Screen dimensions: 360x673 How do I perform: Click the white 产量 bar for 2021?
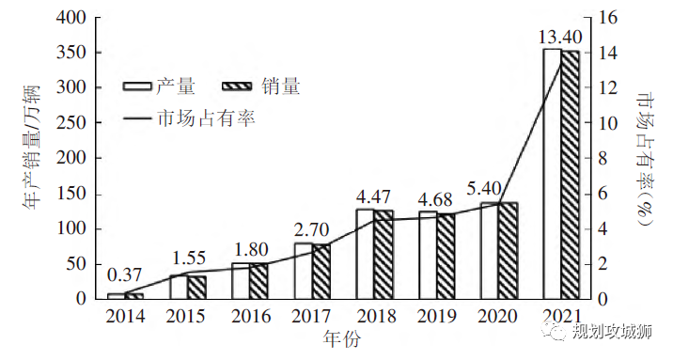(x=552, y=174)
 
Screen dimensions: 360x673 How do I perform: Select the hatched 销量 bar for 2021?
(x=571, y=175)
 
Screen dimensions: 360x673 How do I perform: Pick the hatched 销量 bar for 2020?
(x=508, y=251)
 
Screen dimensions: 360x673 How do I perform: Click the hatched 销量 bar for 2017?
(x=321, y=272)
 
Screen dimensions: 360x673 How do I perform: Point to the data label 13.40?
(x=560, y=37)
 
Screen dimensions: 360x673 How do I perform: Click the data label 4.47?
(x=374, y=197)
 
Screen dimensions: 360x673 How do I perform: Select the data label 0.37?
(x=124, y=276)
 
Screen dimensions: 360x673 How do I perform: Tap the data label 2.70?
(x=311, y=227)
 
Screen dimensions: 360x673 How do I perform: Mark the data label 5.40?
(x=498, y=186)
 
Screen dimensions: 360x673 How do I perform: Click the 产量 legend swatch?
(x=137, y=87)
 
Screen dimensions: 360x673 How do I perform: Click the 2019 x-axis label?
(x=436, y=317)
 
